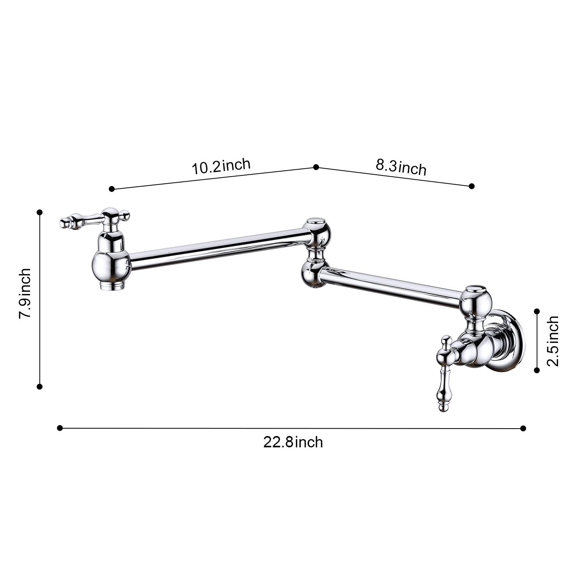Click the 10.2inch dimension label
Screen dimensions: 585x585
(221, 167)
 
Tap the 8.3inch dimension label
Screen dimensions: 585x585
(401, 167)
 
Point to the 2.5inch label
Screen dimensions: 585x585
(553, 341)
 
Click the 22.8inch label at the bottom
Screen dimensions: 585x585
(293, 443)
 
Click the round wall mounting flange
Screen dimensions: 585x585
(509, 341)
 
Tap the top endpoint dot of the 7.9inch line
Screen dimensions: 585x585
(39, 212)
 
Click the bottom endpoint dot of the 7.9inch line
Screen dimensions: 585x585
(39, 386)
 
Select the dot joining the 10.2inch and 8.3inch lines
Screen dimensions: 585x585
(316, 167)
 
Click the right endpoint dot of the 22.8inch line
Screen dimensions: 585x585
(523, 428)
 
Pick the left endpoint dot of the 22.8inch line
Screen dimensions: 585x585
(60, 428)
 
